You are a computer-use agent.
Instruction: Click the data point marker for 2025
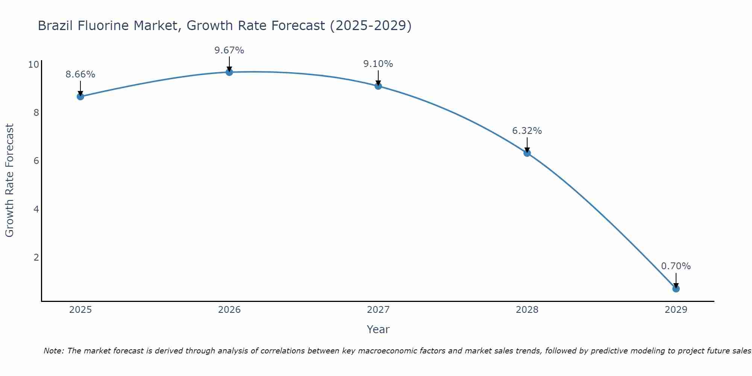tap(80, 97)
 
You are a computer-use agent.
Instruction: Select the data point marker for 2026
tap(229, 72)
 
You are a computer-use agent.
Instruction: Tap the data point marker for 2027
tap(378, 86)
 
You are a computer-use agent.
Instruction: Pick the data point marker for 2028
tap(527, 153)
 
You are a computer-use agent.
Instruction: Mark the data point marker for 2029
tap(676, 289)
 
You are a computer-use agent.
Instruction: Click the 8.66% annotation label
tap(80, 74)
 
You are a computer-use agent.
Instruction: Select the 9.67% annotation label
tap(229, 50)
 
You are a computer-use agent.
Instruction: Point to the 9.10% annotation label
tap(378, 64)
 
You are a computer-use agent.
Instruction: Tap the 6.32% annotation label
tap(527, 131)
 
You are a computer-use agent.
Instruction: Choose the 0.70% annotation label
tap(676, 266)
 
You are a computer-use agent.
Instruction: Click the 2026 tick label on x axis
tap(229, 310)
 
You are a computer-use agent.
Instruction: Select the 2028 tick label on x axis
tap(527, 310)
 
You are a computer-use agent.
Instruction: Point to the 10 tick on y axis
tap(33, 65)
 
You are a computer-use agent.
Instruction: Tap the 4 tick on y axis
tap(36, 209)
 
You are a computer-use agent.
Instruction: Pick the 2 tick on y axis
tap(36, 258)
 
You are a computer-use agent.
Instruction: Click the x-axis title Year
tap(378, 329)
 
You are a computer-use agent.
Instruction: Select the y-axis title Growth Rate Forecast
tap(10, 180)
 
